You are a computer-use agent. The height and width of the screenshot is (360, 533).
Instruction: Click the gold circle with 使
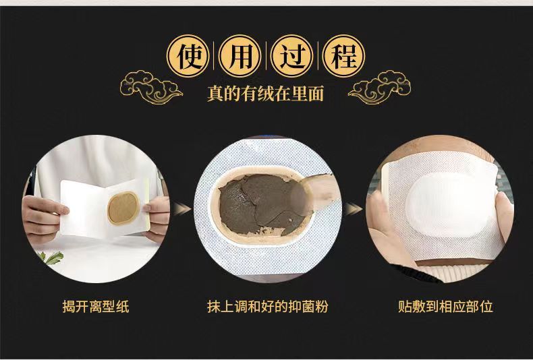(x=188, y=56)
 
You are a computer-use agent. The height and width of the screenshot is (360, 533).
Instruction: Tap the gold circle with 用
(x=240, y=56)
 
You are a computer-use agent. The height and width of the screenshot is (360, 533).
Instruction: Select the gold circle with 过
(x=291, y=56)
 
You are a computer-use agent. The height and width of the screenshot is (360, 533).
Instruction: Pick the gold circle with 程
(x=343, y=56)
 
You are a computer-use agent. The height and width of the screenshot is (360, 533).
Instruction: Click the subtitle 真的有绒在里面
(x=265, y=94)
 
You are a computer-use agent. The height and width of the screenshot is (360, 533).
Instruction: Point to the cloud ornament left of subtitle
(x=151, y=87)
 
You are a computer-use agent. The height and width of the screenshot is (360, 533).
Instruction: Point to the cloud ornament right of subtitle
(x=379, y=87)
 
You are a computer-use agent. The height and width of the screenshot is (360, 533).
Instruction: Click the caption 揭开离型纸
(x=96, y=307)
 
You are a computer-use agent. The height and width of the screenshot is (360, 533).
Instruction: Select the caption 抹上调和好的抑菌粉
(x=268, y=307)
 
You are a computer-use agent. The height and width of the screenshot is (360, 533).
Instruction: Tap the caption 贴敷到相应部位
(x=446, y=307)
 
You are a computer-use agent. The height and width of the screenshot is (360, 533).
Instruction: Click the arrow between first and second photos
(x=182, y=209)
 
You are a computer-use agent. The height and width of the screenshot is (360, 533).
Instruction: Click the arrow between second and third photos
(x=353, y=209)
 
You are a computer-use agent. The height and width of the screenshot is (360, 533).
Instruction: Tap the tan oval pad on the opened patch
(x=123, y=208)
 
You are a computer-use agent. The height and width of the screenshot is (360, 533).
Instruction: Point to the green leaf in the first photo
(x=52, y=258)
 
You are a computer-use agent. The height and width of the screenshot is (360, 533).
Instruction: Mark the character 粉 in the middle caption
(x=321, y=307)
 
